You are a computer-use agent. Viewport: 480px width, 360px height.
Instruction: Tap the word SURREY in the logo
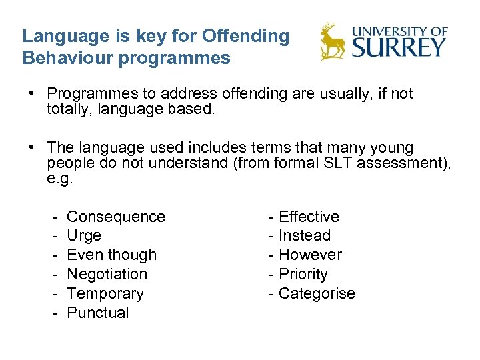(399, 47)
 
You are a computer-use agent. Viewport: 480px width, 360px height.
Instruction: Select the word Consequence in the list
(116, 217)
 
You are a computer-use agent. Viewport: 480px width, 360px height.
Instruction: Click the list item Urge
(84, 235)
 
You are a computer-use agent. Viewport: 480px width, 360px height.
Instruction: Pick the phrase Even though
(112, 255)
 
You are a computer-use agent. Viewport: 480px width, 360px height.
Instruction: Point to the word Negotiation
(107, 274)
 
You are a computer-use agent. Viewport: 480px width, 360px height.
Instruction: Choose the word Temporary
(105, 293)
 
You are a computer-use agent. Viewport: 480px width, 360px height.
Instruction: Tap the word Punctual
(98, 313)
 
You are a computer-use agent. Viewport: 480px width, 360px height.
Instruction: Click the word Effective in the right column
(309, 217)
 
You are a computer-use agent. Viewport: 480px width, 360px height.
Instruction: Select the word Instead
(305, 235)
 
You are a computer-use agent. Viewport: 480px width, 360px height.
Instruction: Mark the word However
(310, 255)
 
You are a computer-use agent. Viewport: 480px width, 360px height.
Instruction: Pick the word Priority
(303, 274)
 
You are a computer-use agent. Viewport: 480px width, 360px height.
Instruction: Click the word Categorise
(317, 293)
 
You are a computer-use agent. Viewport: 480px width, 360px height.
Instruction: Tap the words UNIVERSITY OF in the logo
(399, 31)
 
